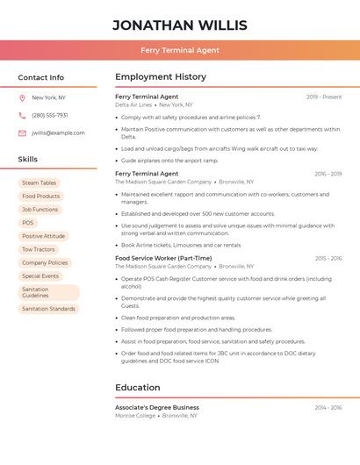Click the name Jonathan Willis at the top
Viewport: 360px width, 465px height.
coord(180,25)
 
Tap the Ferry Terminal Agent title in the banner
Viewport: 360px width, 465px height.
coord(180,50)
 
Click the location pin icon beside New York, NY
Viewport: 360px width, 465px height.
coord(22,98)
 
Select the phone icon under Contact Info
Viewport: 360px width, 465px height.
coord(22,116)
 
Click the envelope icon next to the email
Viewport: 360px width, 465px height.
coord(22,133)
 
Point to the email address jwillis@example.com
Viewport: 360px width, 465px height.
coord(58,133)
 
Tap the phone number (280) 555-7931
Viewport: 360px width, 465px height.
coord(50,116)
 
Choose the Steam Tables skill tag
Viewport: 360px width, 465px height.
coord(40,183)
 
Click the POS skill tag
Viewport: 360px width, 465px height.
coord(28,223)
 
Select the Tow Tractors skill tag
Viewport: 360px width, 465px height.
coord(39,249)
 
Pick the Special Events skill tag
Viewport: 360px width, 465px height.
coord(40,275)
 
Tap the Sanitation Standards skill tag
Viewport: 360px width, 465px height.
coord(49,309)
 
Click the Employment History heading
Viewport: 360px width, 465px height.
coord(161,77)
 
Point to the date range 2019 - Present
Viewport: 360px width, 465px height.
coord(324,97)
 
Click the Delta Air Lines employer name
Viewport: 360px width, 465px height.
coord(133,104)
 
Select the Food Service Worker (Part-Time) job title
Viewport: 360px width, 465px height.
coord(163,259)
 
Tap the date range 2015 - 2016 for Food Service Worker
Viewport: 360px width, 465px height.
coord(328,259)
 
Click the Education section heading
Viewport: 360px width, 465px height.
coord(138,388)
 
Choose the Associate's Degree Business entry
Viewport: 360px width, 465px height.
coord(157,407)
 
